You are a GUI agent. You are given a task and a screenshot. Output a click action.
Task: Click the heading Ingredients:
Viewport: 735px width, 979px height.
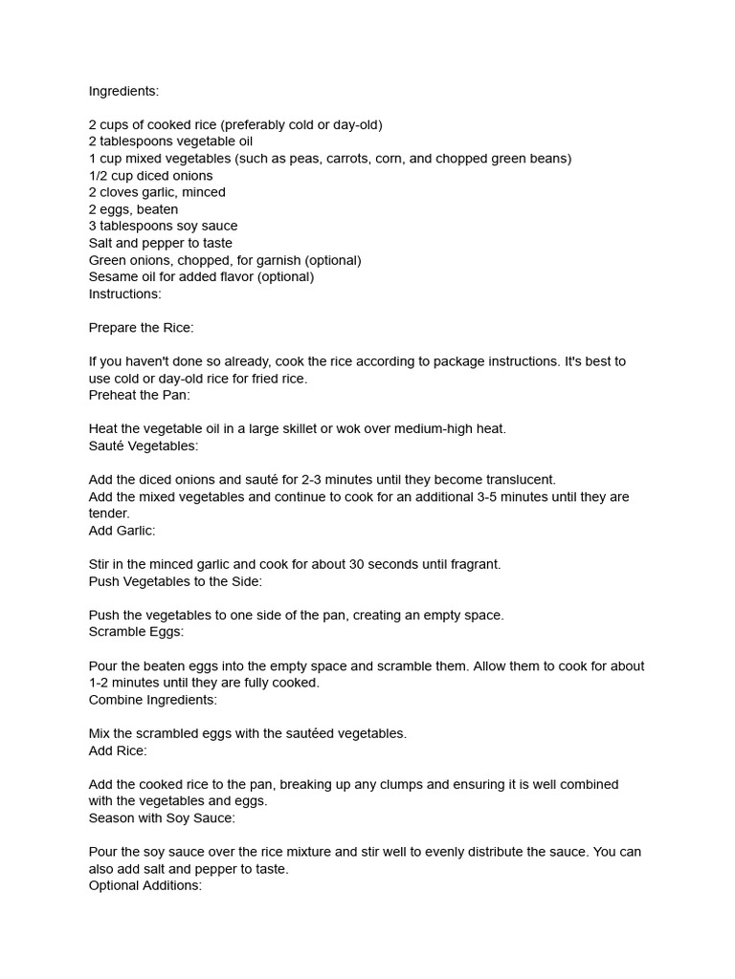[123, 91]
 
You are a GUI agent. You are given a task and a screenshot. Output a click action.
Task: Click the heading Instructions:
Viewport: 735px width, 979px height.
[125, 294]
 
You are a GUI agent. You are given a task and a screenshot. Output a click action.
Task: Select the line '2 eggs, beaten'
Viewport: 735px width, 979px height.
[133, 209]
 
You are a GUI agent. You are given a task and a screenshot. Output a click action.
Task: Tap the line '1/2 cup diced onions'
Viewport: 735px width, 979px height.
[151, 176]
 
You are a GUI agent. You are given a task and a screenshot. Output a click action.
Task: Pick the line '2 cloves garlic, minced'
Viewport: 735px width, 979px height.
[157, 192]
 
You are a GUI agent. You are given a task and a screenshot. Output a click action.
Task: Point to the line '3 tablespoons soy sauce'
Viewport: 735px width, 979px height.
[163, 226]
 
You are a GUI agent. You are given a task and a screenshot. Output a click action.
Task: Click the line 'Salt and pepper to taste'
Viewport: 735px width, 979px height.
[161, 243]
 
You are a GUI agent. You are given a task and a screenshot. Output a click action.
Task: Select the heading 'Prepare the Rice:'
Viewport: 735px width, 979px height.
[141, 328]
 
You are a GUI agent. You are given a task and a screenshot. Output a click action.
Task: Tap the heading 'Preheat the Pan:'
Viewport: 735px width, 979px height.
[139, 395]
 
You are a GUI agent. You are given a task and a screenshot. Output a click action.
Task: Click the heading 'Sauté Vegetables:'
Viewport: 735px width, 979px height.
[144, 446]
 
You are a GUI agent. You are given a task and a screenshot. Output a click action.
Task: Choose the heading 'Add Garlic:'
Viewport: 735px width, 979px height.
[122, 531]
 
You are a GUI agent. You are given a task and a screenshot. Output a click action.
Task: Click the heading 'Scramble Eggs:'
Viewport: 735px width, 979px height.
[136, 632]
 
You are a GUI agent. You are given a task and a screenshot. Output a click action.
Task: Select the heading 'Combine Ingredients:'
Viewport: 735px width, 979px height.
[153, 700]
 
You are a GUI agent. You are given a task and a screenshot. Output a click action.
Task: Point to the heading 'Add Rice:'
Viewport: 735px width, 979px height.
[118, 751]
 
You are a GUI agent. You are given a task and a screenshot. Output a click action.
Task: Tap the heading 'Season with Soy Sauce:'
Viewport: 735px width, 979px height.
[162, 818]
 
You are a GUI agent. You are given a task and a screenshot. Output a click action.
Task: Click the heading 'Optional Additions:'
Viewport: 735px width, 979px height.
[145, 885]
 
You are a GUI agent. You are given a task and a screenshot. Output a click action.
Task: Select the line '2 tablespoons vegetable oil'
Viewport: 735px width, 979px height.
[170, 141]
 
